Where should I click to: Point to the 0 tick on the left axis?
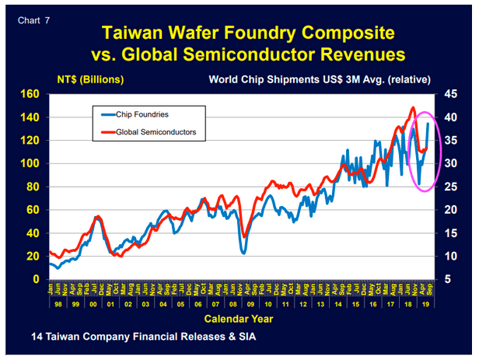[36, 279]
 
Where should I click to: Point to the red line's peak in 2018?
[412, 107]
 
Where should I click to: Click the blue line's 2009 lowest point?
[243, 253]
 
